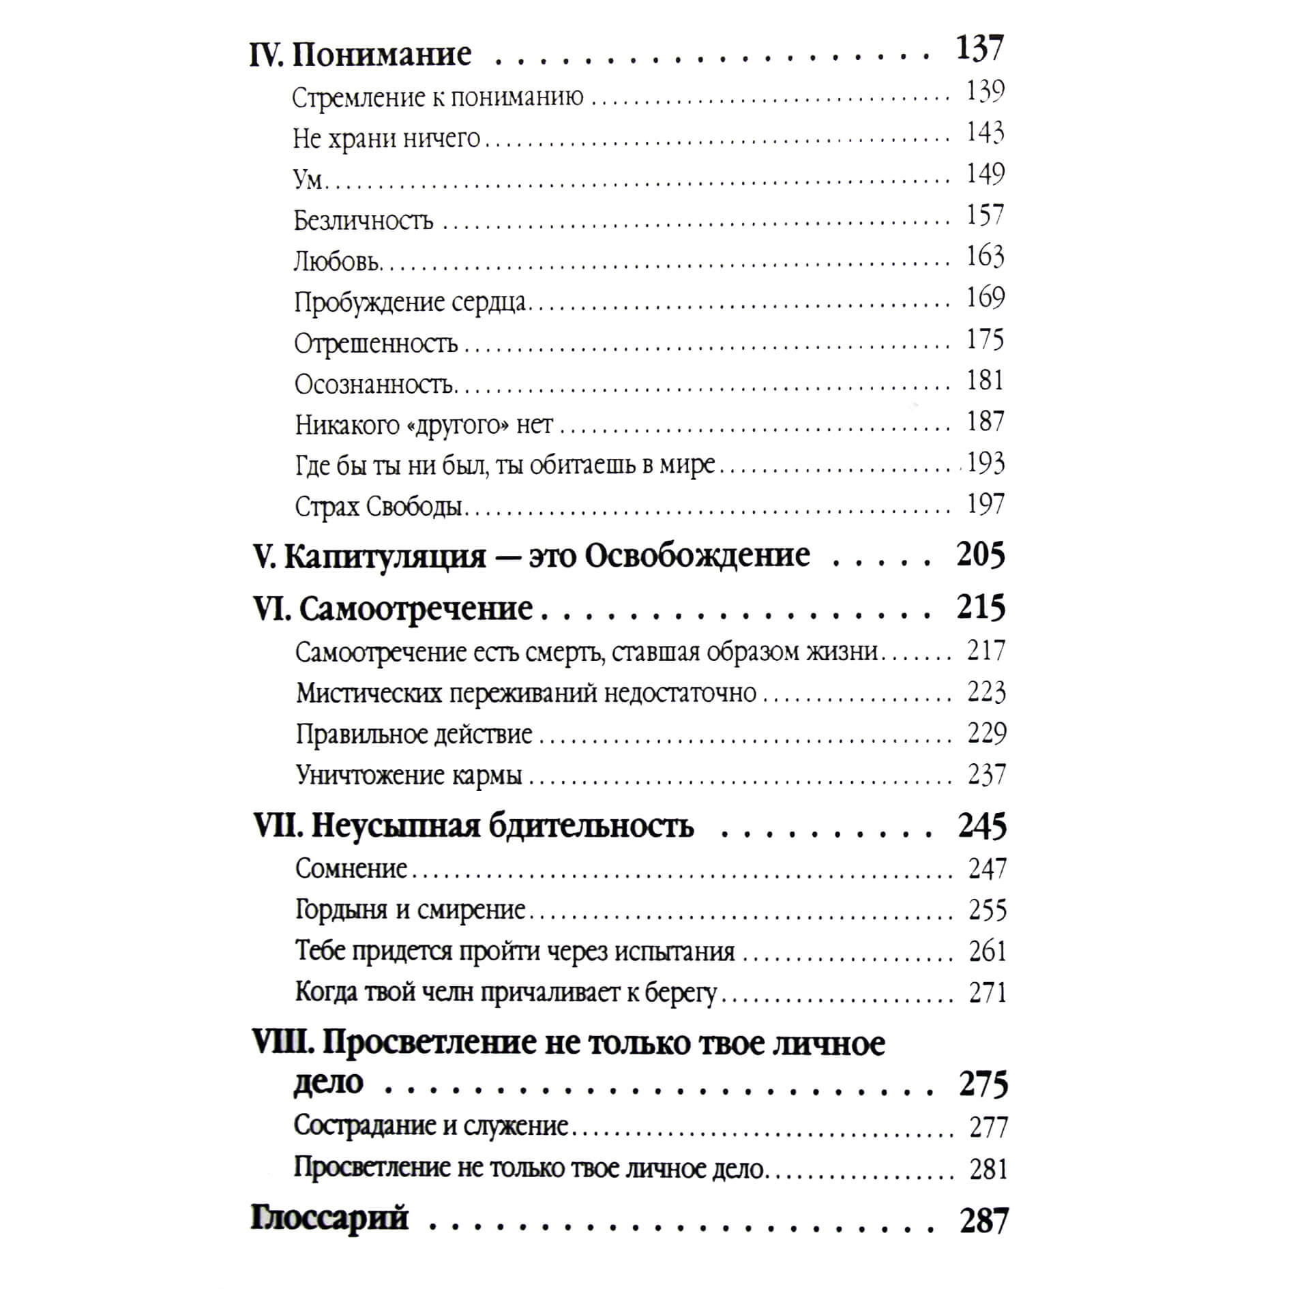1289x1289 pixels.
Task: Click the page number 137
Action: pyautogui.click(x=979, y=49)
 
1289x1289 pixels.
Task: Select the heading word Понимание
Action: pyautogui.click(x=381, y=55)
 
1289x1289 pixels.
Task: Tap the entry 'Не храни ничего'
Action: pyautogui.click(x=387, y=138)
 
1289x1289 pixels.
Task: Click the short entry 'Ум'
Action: pyautogui.click(x=308, y=179)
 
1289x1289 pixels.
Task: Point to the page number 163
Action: pyautogui.click(x=985, y=256)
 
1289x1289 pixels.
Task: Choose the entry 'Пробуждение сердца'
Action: pyautogui.click(x=410, y=303)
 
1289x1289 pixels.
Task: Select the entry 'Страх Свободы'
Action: pyautogui.click(x=379, y=507)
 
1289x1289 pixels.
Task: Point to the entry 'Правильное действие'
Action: pyautogui.click(x=414, y=735)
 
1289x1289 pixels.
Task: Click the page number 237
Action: pyautogui.click(x=986, y=775)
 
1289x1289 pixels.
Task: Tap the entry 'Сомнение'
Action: pyautogui.click(x=351, y=869)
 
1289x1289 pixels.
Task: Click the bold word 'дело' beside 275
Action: pyautogui.click(x=328, y=1084)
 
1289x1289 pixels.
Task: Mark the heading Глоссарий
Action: pyautogui.click(x=329, y=1218)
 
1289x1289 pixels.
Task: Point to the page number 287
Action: pyautogui.click(x=983, y=1221)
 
